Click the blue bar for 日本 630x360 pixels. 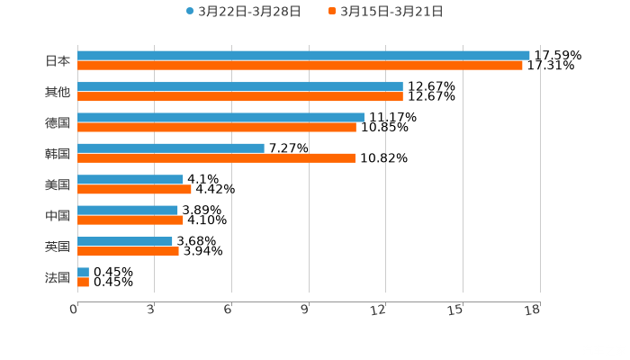click(x=303, y=55)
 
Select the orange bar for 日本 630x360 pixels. click(x=300, y=66)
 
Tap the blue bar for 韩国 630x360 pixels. click(x=171, y=148)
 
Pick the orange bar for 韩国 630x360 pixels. click(x=216, y=158)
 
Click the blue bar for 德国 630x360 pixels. click(x=220, y=117)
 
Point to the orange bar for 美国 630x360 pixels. click(x=134, y=190)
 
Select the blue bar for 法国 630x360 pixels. click(x=83, y=272)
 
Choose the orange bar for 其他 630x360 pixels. click(x=240, y=96)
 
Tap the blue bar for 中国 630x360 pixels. click(x=128, y=210)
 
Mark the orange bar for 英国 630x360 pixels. click(x=128, y=251)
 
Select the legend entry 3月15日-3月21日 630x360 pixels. click(x=391, y=12)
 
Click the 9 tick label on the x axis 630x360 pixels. click(x=304, y=310)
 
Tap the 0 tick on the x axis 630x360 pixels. click(x=74, y=310)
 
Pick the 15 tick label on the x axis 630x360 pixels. click(x=456, y=310)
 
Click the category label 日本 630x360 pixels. click(x=58, y=61)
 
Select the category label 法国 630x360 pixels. click(x=58, y=277)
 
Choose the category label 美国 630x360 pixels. click(x=58, y=184)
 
